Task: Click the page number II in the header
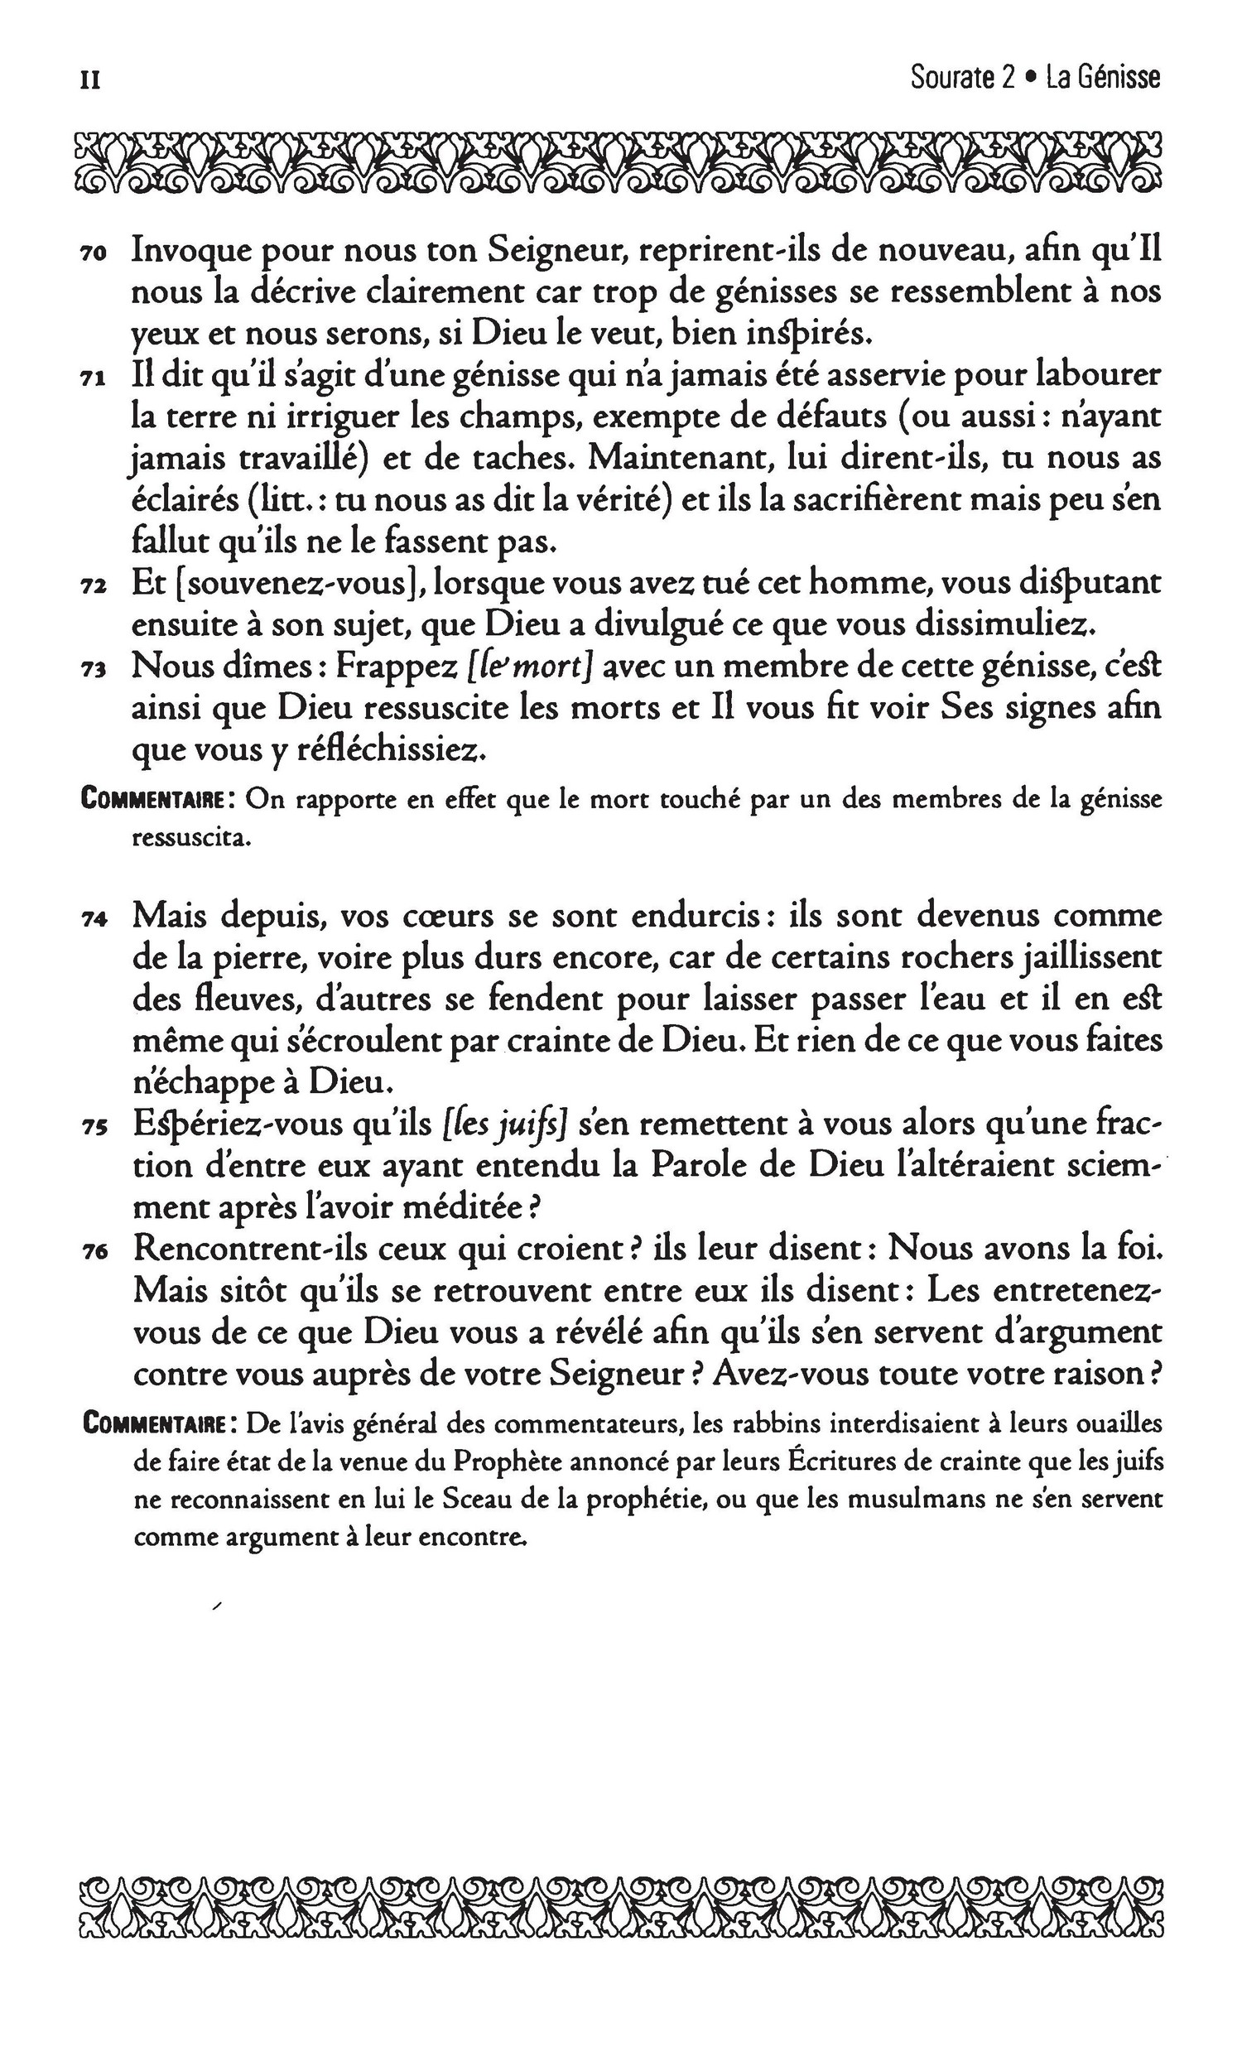point(89,79)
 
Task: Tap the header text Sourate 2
point(962,78)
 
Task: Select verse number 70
point(91,253)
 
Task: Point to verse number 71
point(91,379)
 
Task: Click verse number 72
point(91,587)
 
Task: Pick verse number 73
point(91,670)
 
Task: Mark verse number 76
point(91,1253)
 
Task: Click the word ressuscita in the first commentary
point(191,839)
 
